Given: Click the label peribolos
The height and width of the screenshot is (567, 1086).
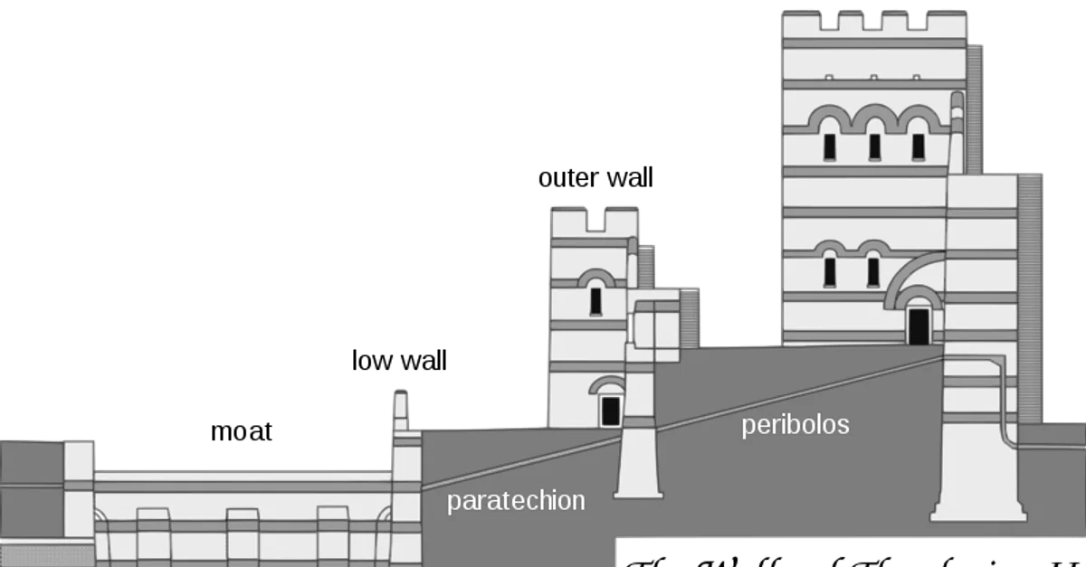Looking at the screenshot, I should [795, 425].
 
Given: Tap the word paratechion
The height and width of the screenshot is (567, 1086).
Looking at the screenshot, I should [516, 501].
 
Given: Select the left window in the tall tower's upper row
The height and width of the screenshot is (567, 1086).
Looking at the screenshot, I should [829, 146].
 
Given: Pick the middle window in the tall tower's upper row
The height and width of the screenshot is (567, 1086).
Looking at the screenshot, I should [874, 146].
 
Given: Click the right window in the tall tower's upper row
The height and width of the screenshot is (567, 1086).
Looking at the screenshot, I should [918, 146].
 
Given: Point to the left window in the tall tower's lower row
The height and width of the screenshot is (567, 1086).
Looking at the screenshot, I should [830, 269].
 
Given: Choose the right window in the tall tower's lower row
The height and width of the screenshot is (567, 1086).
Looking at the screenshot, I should [873, 269].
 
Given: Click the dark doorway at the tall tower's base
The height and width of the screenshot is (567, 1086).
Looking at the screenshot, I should [919, 326].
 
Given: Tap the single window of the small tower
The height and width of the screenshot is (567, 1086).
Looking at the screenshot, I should [595, 299].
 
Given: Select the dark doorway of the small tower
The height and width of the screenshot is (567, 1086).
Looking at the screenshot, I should [610, 411].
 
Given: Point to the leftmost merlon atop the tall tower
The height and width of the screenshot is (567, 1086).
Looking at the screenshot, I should [800, 23].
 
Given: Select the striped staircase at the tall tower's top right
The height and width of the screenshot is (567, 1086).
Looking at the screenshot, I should [975, 109].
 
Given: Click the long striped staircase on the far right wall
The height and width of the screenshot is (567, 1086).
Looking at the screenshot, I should [1029, 298].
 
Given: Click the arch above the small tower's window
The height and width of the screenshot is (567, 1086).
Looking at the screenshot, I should [595, 277].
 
